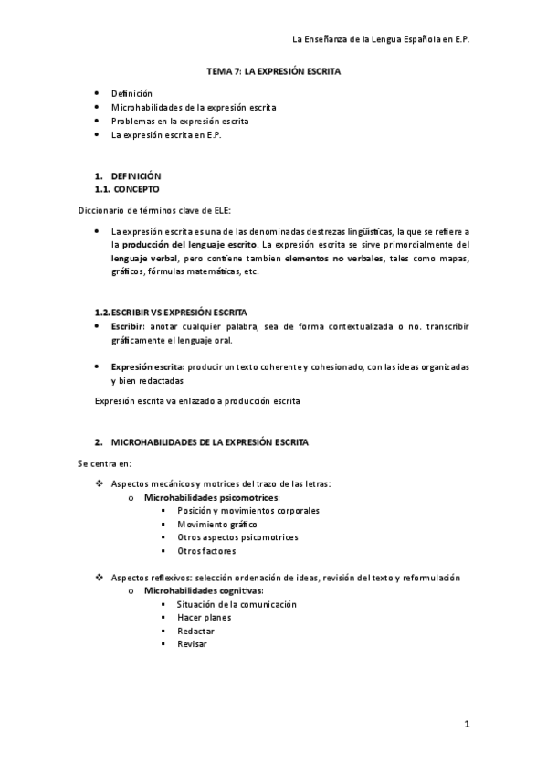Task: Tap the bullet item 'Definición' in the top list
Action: (131, 93)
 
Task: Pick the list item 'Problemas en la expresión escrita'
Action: (178, 121)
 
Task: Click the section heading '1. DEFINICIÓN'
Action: (128, 175)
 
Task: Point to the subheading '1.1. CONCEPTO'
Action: (127, 189)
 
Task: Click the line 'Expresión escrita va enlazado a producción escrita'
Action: (197, 400)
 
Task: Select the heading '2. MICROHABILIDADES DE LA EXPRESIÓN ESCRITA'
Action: (202, 442)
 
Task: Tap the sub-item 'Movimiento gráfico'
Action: (217, 525)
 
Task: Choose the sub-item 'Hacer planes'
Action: (205, 618)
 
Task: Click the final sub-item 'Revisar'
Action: (193, 644)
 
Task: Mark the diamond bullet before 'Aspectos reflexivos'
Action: (100, 578)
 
